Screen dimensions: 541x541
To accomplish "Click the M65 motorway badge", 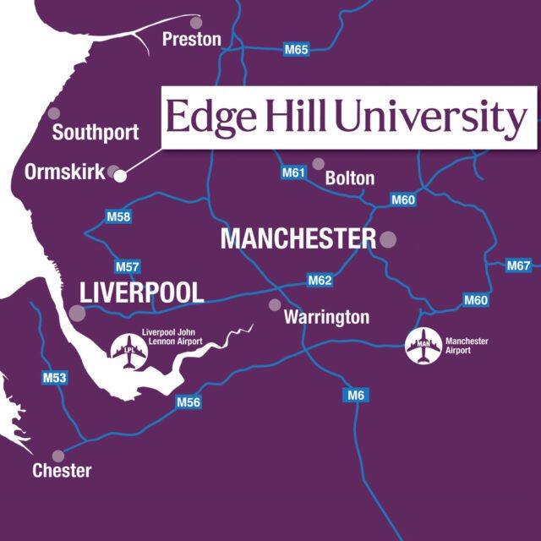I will pos(296,50).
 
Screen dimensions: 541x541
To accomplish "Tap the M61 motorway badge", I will pos(293,173).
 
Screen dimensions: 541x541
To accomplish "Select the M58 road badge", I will pos(119,217).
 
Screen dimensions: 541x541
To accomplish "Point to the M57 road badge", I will pos(127,267).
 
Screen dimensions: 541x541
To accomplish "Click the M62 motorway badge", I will pos(320,280).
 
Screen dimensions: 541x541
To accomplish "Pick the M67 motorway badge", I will pos(519,266).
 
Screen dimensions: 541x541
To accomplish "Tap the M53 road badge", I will pos(55,378).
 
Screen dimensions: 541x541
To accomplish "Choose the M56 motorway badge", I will pos(188,402).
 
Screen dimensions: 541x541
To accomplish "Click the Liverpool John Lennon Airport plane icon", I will pos(128,352).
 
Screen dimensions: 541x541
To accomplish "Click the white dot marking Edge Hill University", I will pos(120,176).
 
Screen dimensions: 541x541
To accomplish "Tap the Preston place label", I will pos(192,39).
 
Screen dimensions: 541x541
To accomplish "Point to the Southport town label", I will pos(95,133).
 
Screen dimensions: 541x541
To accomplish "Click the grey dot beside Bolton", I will pos(319,164).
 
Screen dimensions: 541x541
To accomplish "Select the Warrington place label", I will pos(326,318).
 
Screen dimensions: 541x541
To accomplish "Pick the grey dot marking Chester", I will pos(57,456).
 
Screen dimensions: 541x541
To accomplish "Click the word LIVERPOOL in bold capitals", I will pos(142,293).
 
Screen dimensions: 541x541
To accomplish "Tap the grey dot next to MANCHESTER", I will pos(388,238).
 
